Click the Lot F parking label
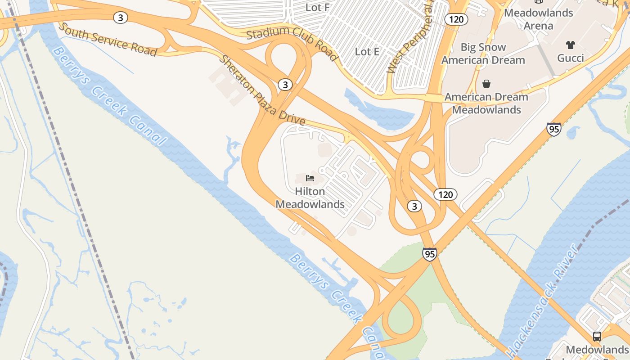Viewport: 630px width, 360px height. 317,7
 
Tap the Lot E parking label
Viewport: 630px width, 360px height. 367,52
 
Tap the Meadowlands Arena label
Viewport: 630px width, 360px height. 538,19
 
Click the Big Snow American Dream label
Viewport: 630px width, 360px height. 483,54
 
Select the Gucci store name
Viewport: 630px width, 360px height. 570,58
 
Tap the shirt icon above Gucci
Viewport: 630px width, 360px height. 570,45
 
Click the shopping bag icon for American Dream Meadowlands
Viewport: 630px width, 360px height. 486,84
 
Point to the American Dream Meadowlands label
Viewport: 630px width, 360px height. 486,103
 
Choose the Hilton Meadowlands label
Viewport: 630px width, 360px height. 310,198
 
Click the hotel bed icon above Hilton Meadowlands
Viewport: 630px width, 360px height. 310,178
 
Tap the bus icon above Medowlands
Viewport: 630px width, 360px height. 597,336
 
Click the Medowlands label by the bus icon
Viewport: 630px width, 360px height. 596,350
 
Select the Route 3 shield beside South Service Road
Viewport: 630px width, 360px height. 120,18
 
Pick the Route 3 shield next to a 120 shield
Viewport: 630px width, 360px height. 414,206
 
